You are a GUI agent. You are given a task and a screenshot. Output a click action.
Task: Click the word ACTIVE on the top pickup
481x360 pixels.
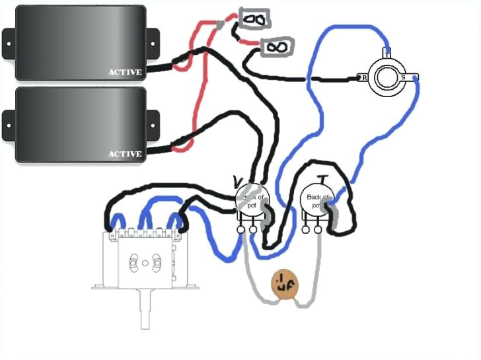[x=125, y=72]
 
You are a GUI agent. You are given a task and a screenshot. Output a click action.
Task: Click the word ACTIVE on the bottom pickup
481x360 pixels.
[x=125, y=154]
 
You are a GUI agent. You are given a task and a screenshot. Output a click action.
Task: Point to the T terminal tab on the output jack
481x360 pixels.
[x=388, y=52]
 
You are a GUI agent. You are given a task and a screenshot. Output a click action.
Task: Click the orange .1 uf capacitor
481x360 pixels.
[x=285, y=284]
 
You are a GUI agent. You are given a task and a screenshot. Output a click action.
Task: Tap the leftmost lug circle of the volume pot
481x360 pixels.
[x=242, y=229]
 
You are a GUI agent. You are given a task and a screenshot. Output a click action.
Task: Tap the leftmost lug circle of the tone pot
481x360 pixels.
[x=307, y=229]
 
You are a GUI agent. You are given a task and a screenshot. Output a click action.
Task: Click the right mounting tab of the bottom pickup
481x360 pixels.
[x=152, y=124]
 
